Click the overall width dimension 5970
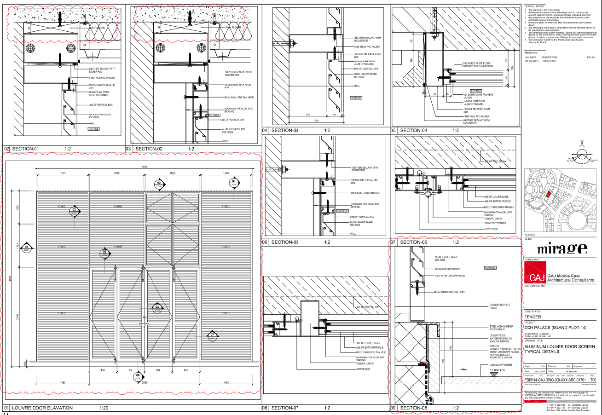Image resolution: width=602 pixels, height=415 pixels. (x=145, y=167)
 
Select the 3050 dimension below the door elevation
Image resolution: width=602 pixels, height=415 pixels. (x=145, y=382)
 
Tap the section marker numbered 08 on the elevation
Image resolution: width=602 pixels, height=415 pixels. (x=138, y=377)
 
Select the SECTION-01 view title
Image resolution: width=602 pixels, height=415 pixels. (x=26, y=149)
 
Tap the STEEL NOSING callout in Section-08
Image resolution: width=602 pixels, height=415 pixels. (x=498, y=329)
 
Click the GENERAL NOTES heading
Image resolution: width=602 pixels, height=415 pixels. (x=534, y=6)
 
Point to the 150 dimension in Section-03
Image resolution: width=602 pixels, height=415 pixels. (x=316, y=121)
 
